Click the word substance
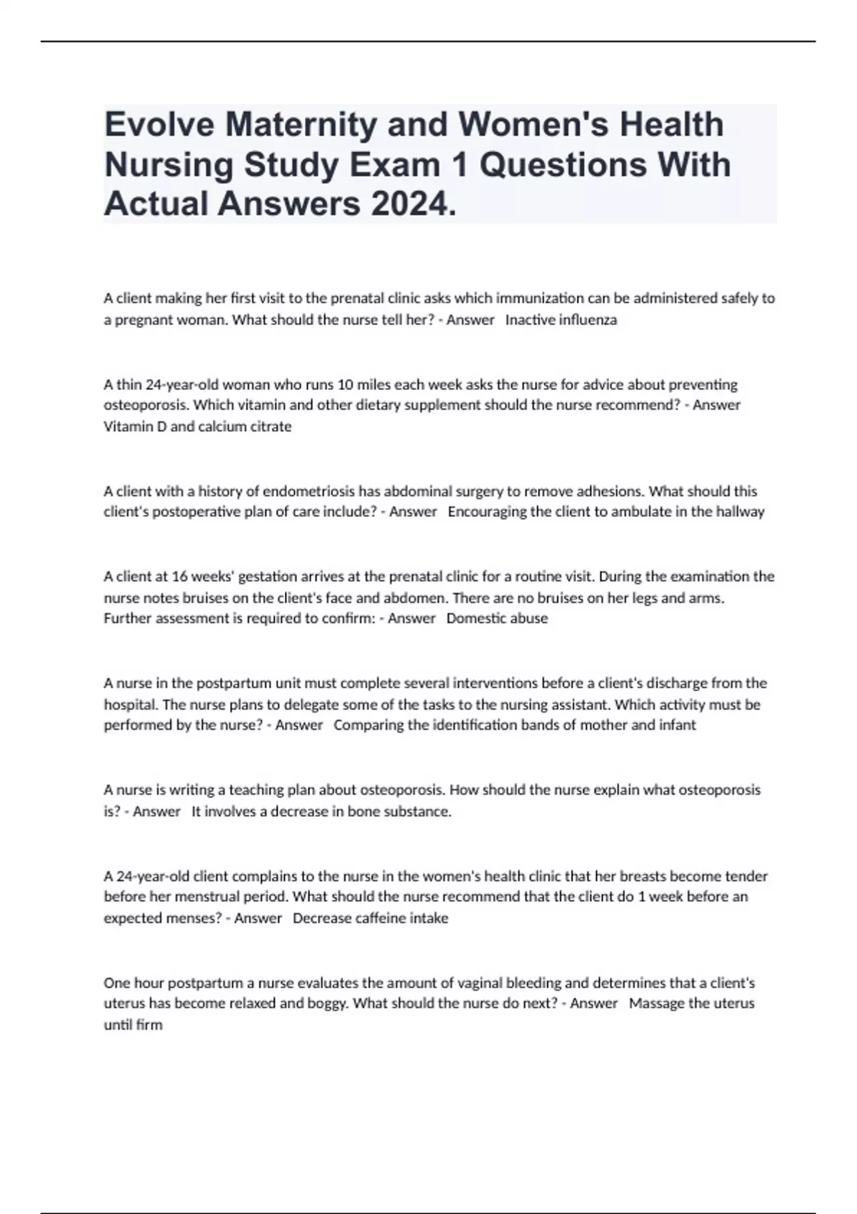pos(417,812)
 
